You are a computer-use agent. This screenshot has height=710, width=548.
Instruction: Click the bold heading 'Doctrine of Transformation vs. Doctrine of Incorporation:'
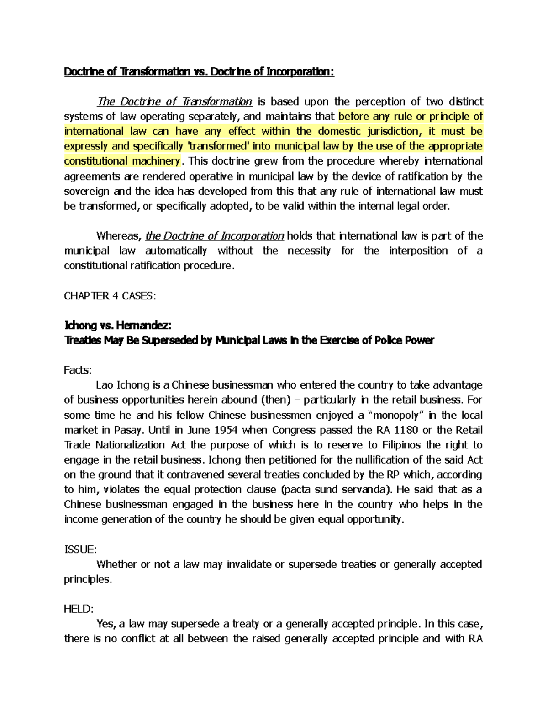coord(199,72)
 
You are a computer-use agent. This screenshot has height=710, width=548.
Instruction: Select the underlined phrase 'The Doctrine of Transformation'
coord(174,101)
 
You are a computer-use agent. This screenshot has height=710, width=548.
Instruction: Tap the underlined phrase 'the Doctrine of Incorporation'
coord(215,236)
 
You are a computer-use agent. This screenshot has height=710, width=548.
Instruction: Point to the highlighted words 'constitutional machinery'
coord(122,161)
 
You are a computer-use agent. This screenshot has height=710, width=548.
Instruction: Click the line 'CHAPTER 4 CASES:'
coord(110,296)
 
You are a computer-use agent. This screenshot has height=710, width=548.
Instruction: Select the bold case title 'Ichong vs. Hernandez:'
coord(118,326)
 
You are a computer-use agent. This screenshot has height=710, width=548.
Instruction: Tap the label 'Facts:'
coord(78,370)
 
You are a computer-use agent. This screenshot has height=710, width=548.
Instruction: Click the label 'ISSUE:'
coord(80,549)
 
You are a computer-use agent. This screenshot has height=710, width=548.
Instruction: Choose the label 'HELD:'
coord(79,609)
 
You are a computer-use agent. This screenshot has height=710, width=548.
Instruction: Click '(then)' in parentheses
coord(275,400)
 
